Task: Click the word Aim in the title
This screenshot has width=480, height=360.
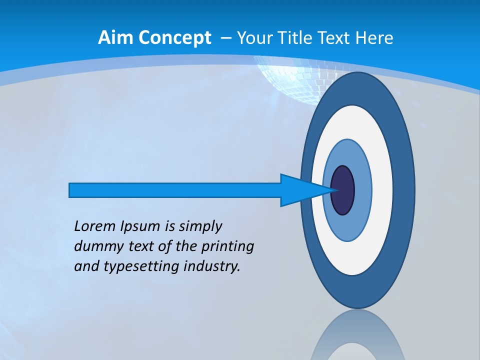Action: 111,38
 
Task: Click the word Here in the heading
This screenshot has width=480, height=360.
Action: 374,38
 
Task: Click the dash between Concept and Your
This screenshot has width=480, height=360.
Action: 225,38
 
